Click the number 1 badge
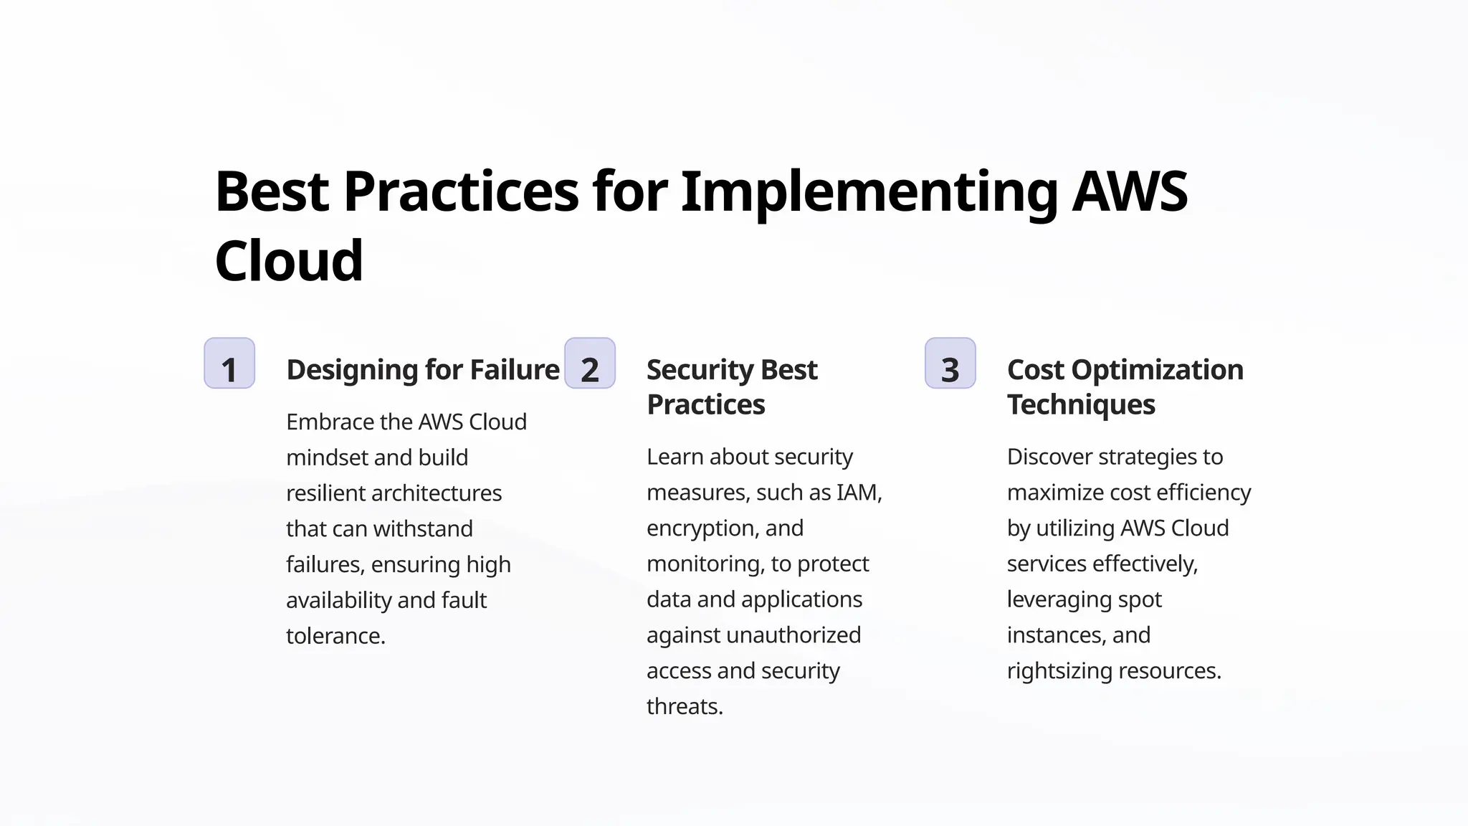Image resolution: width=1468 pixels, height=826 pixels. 229,364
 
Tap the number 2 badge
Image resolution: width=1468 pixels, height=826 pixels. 590,364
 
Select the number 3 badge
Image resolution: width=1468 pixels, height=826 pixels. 950,364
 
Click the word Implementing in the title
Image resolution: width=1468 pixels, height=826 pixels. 869,192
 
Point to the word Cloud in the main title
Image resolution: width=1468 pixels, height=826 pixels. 289,261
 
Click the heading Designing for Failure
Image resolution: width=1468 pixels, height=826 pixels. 423,370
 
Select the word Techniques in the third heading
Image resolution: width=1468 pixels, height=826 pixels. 1081,405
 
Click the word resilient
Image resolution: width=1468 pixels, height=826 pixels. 326,493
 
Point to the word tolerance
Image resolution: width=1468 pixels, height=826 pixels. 335,636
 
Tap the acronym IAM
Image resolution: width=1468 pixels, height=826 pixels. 859,493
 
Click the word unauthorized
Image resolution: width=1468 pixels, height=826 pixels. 793,635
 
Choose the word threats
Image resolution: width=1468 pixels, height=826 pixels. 685,707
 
